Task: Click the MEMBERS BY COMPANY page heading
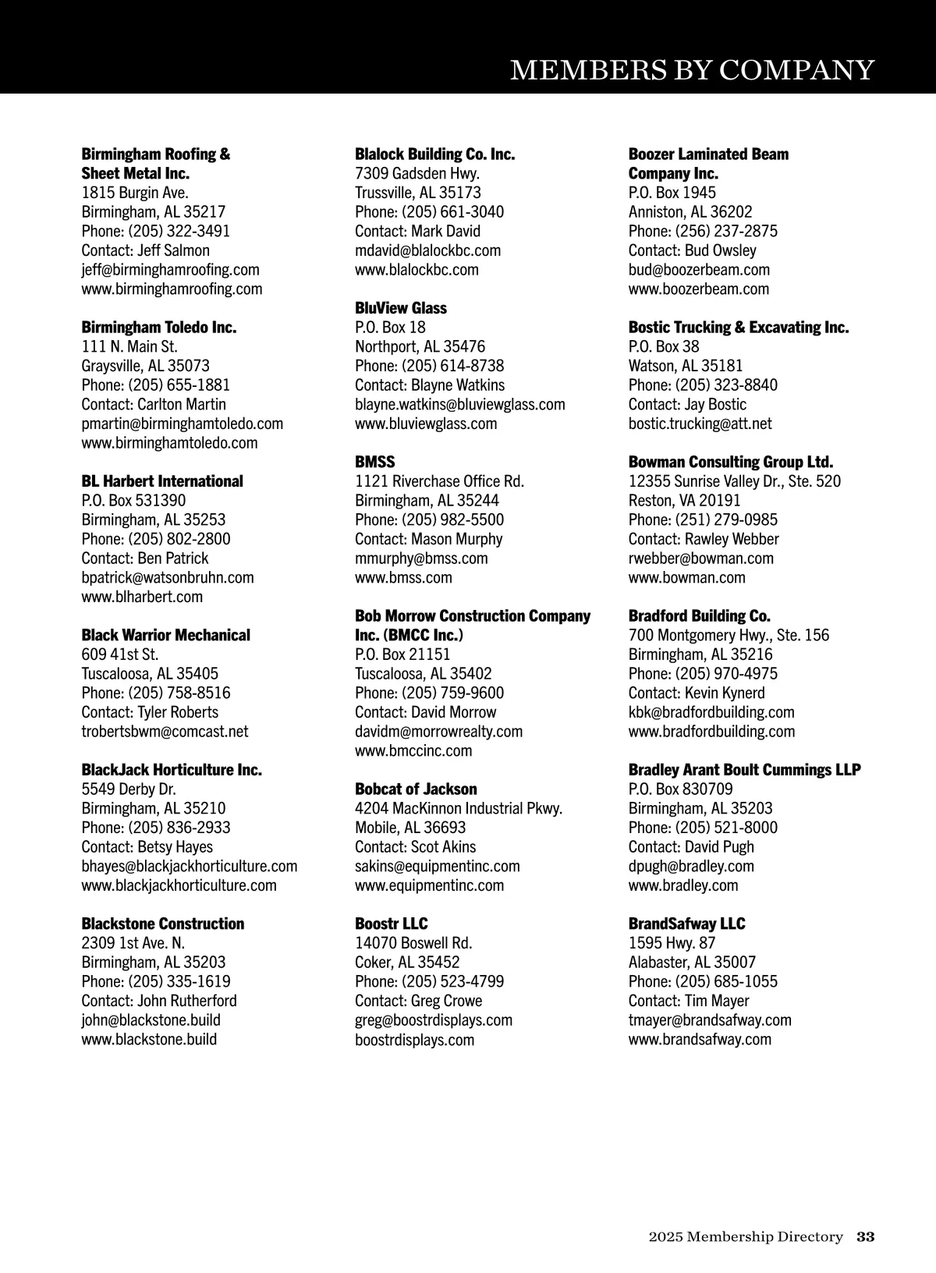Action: (x=692, y=70)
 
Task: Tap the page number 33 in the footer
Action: (x=866, y=1236)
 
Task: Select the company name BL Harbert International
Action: (x=162, y=481)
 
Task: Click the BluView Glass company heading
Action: (x=401, y=308)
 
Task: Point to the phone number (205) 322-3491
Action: (x=179, y=231)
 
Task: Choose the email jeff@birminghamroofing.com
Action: (x=170, y=270)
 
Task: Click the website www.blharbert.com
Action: (x=142, y=597)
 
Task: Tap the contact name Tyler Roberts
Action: (x=177, y=712)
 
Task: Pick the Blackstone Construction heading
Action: (x=163, y=924)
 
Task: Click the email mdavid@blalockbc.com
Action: (x=427, y=250)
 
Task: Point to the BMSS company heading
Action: (x=375, y=462)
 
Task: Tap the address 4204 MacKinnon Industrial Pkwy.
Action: (x=459, y=808)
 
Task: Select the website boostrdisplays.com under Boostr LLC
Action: (x=414, y=1040)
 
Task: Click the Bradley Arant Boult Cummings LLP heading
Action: (x=744, y=770)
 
